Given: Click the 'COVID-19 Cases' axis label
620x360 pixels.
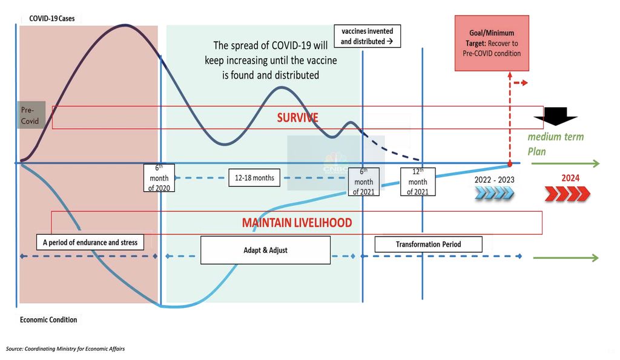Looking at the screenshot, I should pos(51,19).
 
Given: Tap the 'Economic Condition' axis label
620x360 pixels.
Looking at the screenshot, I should pos(48,319).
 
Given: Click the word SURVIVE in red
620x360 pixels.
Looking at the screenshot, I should pos(297,117).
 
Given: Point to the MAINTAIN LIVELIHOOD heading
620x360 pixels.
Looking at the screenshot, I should pos(297,223).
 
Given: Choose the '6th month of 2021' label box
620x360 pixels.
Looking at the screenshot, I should pos(363,182).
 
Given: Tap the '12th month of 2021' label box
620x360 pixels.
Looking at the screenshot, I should pos(417,182).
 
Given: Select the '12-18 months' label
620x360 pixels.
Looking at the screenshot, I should pos(254,178).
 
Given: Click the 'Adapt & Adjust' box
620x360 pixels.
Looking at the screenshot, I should pos(265,250).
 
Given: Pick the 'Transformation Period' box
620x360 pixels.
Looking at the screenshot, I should pos(428,244).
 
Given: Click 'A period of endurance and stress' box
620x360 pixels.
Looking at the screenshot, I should pos(90,243).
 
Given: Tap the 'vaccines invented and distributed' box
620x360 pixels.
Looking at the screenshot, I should pos(368,36).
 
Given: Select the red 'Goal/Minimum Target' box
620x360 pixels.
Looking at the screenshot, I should pos(487,44).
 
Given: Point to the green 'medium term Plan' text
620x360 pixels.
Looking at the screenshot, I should pos(555,143).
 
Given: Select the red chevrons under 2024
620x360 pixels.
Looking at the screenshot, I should pos(567,194).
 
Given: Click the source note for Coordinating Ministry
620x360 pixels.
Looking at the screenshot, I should pos(65,349).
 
